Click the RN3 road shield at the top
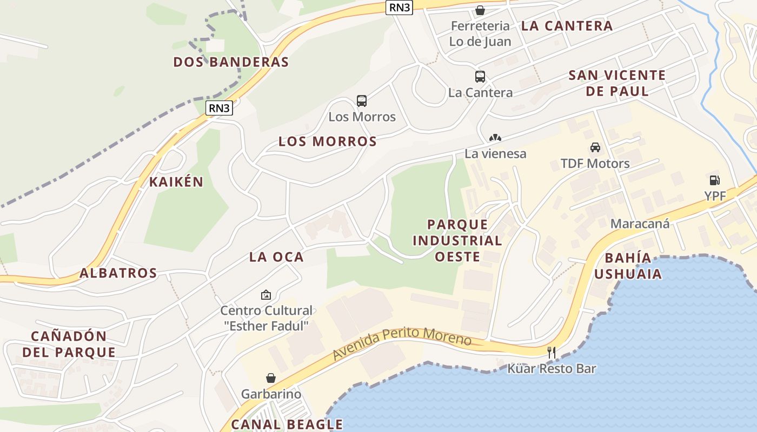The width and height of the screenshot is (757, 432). point(400,7)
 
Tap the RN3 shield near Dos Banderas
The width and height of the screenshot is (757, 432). point(220,108)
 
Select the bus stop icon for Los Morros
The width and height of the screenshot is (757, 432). point(362,101)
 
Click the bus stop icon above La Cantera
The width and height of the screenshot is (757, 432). point(480,77)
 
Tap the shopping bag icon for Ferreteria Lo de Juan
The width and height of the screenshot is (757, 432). point(480,10)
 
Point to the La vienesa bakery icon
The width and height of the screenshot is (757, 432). point(495,138)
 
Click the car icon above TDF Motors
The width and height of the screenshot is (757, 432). point(595,147)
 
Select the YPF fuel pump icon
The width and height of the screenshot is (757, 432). point(714,180)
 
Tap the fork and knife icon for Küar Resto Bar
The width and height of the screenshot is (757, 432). point(552,353)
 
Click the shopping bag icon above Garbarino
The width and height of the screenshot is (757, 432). point(271,378)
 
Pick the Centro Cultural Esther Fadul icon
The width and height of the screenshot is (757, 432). point(265,295)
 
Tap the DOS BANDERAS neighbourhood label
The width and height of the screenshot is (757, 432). point(231,62)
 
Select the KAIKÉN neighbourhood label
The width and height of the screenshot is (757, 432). point(176,182)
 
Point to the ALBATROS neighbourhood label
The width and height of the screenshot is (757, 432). point(118,273)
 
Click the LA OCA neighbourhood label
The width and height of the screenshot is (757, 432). point(276,257)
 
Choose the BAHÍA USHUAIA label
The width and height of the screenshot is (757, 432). point(628,266)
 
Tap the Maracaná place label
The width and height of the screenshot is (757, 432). point(640,224)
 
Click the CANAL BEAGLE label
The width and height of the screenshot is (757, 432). point(287,424)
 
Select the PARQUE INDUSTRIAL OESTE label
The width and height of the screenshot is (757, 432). point(457,240)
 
